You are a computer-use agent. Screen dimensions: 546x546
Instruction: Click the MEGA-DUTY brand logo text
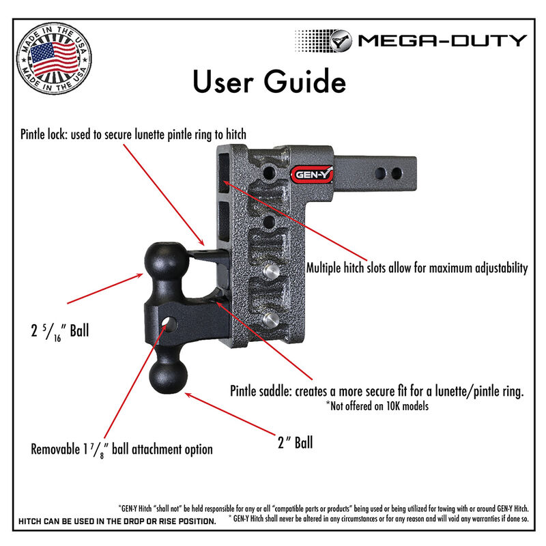tap(442, 40)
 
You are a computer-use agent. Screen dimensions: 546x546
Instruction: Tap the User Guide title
tap(268, 82)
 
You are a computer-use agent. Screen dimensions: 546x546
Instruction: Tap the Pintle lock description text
tap(133, 134)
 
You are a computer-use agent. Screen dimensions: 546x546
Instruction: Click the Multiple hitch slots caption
tap(417, 268)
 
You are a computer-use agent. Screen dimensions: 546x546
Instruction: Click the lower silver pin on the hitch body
tap(270, 319)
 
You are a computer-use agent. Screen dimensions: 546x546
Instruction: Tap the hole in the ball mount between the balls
tap(170, 321)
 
